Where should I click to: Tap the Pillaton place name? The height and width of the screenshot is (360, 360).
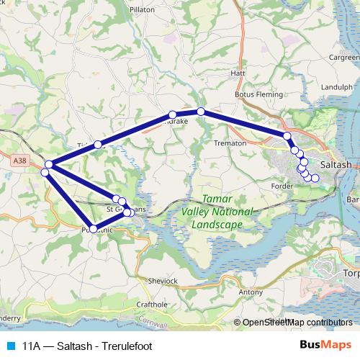(143, 10)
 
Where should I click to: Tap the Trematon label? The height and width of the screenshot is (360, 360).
(231, 143)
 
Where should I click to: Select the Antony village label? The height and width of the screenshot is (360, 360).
(251, 292)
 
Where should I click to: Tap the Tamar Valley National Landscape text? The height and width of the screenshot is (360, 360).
(217, 211)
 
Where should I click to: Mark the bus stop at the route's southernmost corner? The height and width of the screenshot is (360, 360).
(93, 229)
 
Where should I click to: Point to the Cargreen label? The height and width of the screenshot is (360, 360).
(344, 57)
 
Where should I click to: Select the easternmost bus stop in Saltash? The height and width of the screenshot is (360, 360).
(315, 178)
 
